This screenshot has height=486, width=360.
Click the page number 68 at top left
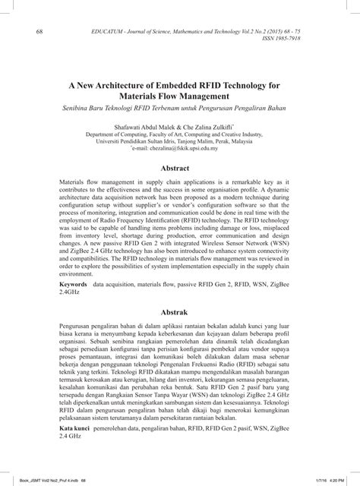39,31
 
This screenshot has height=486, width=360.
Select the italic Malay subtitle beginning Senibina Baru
181,109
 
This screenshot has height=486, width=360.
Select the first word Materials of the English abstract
73,185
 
